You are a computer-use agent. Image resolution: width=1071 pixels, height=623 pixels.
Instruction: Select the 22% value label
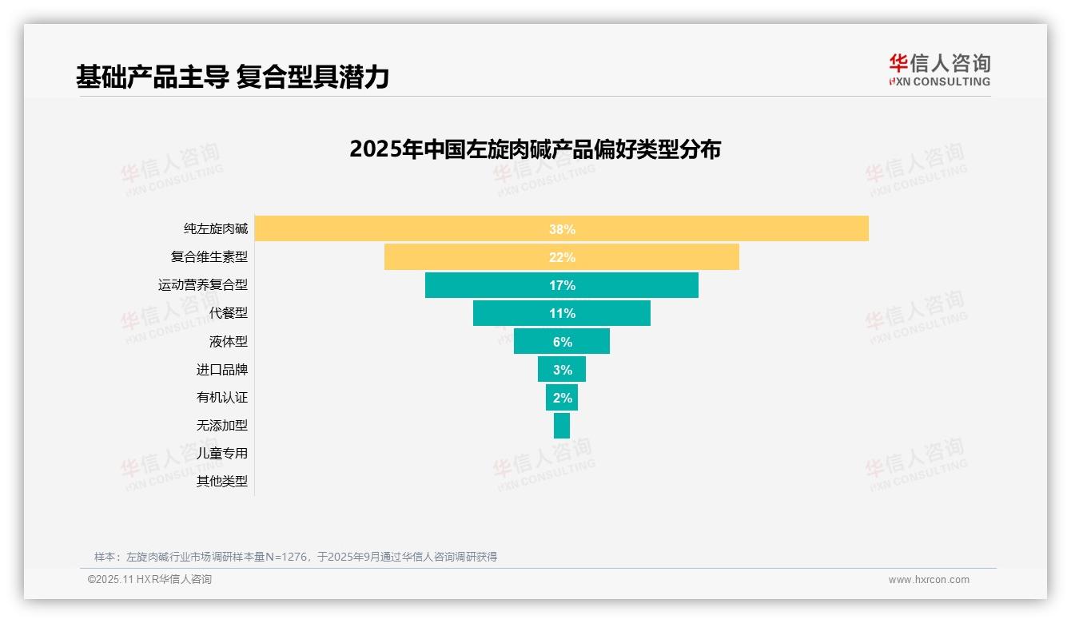[x=562, y=257]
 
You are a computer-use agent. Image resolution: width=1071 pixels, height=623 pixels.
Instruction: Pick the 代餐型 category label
[x=229, y=313]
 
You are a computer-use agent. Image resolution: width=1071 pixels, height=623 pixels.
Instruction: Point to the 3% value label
[x=562, y=370]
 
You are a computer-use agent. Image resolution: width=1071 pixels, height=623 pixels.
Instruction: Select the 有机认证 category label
[x=222, y=397]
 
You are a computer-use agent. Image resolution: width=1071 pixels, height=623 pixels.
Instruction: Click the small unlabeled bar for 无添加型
[x=562, y=425]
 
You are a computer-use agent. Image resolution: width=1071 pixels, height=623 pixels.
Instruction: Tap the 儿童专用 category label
[x=222, y=453]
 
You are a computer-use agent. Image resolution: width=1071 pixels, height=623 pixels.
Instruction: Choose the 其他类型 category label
[x=222, y=481]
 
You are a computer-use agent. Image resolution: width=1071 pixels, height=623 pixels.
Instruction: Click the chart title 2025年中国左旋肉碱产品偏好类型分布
[x=535, y=149]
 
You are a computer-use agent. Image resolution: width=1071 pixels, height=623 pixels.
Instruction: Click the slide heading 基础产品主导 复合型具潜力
[x=232, y=77]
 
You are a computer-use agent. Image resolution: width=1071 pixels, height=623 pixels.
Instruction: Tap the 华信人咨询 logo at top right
[x=939, y=69]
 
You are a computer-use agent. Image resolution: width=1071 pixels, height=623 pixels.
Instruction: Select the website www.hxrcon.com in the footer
[x=929, y=580]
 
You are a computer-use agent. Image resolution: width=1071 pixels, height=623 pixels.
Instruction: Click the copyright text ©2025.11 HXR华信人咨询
[x=149, y=580]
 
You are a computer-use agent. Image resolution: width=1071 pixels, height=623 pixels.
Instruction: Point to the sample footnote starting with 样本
[x=296, y=557]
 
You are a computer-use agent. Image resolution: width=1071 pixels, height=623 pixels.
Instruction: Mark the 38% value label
[x=562, y=229]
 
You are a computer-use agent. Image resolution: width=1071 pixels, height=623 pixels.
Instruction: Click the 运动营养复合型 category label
[x=203, y=285]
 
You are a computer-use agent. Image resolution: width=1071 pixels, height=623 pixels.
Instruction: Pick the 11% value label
[x=562, y=313]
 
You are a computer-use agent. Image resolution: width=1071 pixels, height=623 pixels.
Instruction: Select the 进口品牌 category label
[x=222, y=370]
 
